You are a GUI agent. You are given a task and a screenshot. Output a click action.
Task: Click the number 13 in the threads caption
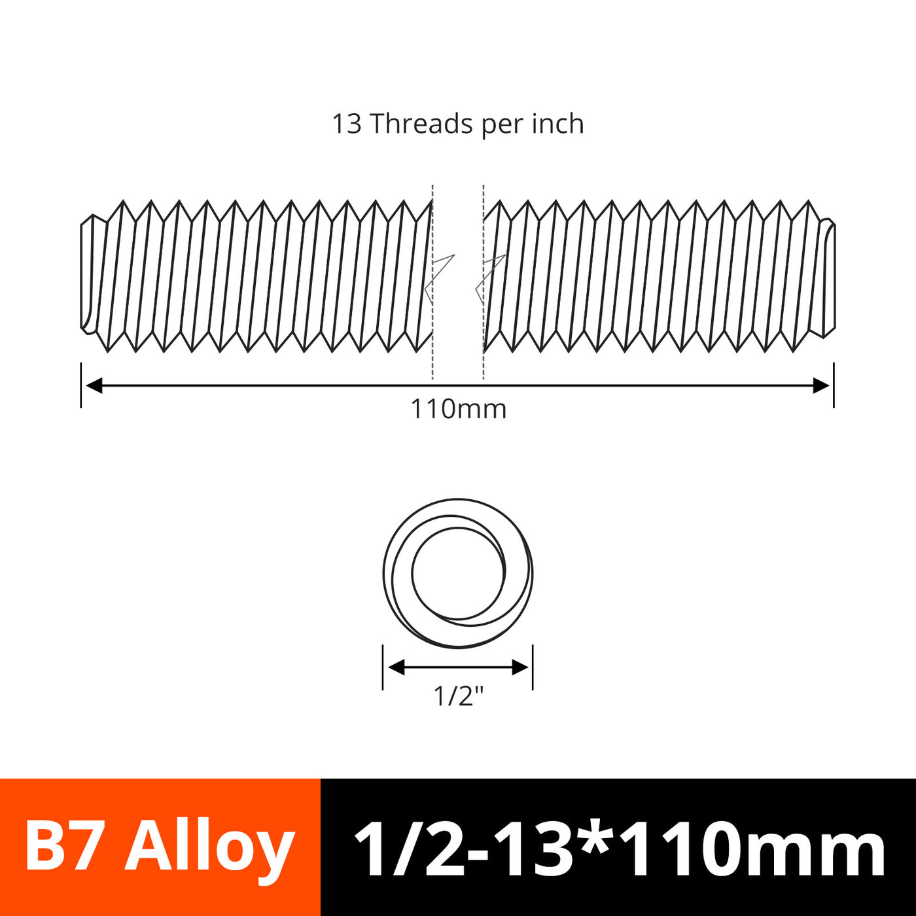(347, 124)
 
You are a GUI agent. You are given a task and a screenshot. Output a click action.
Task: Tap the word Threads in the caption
(421, 124)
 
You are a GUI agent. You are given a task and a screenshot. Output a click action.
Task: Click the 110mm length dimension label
(458, 409)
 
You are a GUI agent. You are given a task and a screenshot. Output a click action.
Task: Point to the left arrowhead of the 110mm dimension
(94, 385)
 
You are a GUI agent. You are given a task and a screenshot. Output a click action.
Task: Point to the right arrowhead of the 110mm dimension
(821, 385)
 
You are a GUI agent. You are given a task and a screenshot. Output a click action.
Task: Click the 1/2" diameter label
(458, 696)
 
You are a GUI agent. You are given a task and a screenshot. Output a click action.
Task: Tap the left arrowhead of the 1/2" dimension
(396, 667)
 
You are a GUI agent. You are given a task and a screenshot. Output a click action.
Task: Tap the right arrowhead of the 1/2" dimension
(520, 667)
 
